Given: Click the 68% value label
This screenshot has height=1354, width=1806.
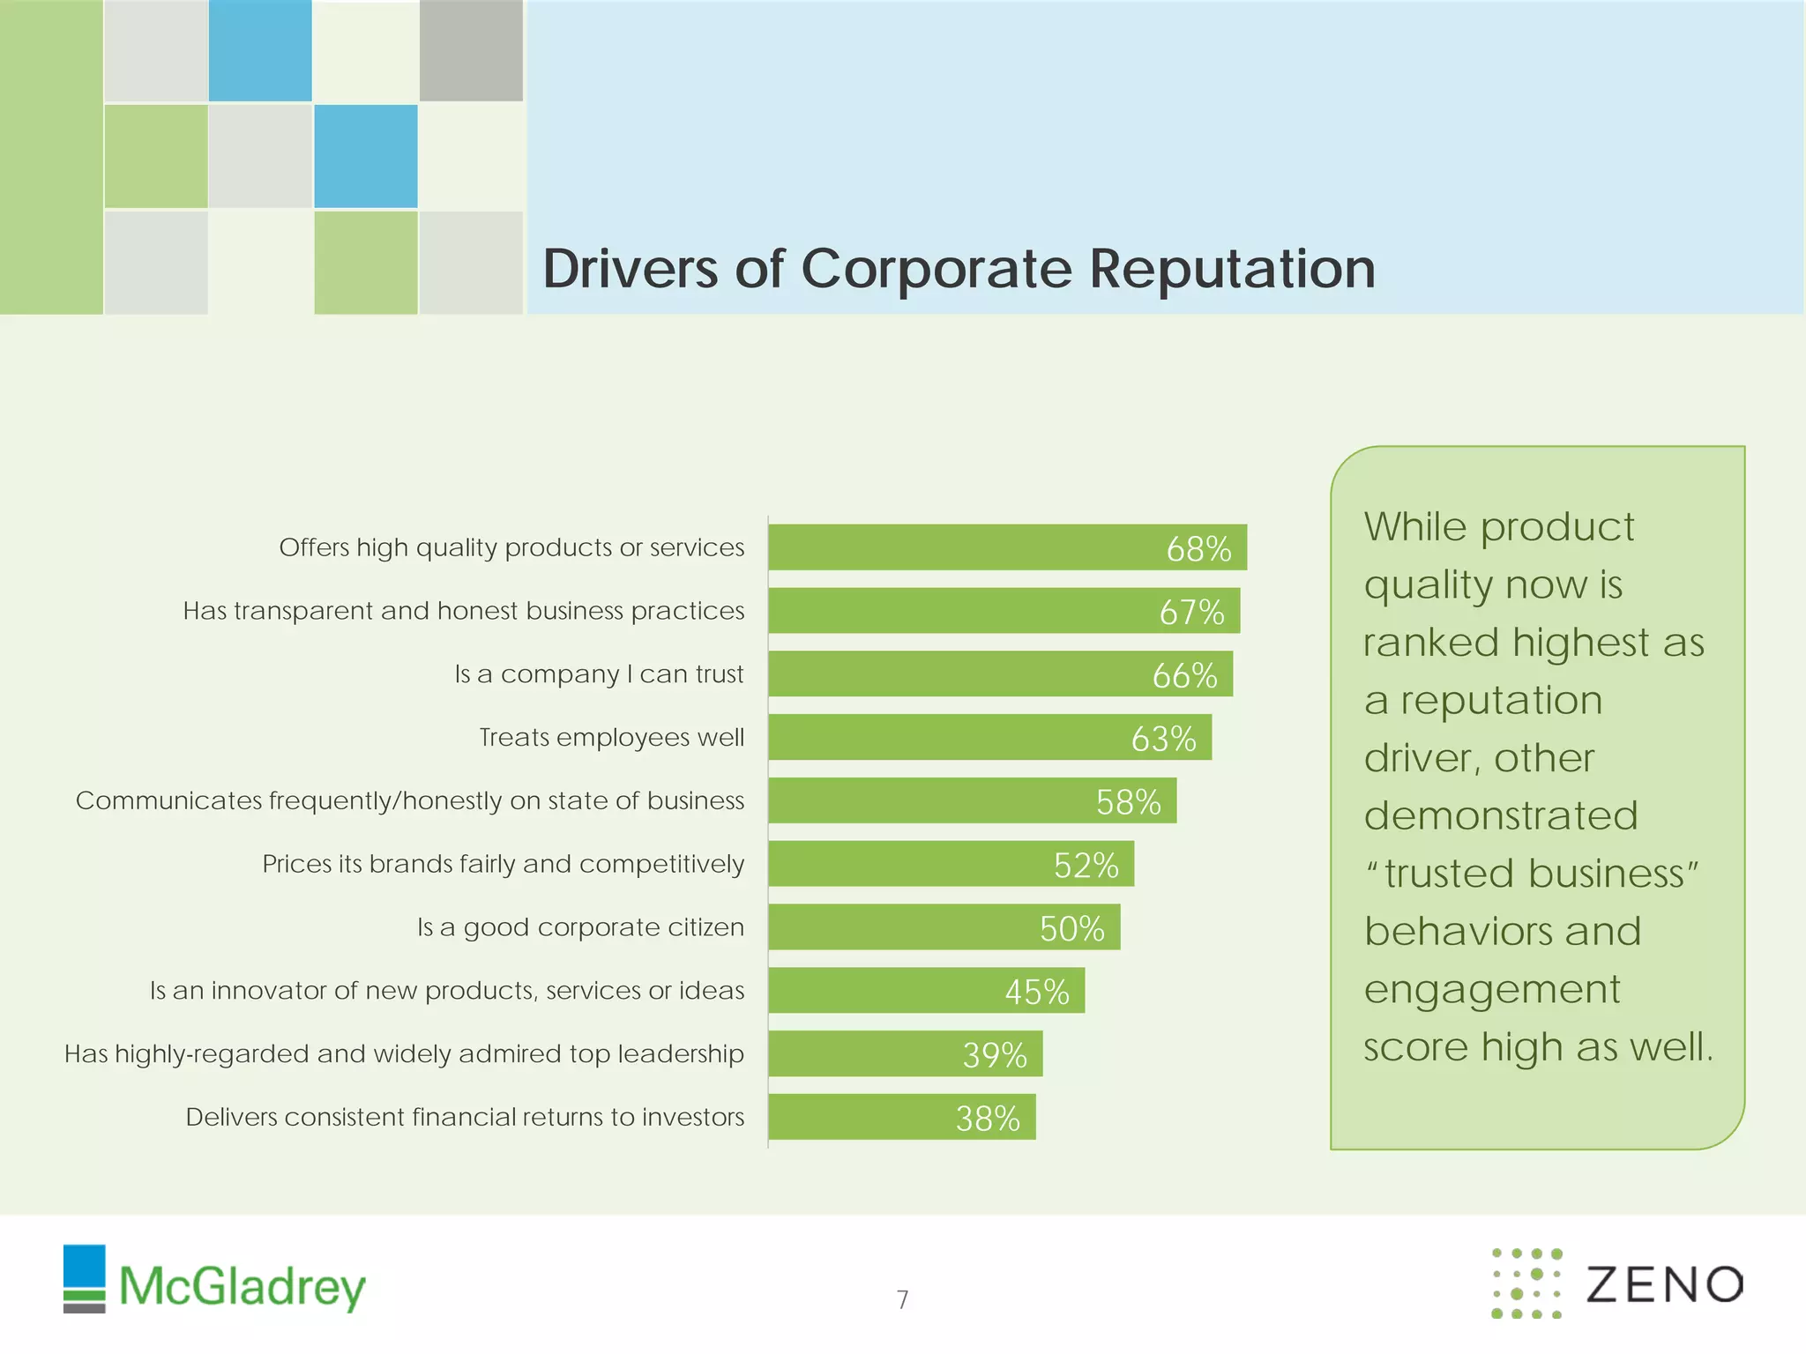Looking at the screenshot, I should click(1198, 548).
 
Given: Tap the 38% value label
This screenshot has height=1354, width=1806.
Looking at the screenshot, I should click(988, 1118).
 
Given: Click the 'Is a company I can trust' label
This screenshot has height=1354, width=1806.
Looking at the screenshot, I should click(599, 674).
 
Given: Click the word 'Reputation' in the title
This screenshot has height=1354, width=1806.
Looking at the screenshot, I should click(1232, 268).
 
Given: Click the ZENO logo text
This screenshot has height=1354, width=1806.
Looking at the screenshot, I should click(1664, 1284).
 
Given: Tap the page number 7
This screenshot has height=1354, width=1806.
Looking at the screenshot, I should click(902, 1299).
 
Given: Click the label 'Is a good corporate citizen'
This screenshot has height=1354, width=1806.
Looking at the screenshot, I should click(580, 927).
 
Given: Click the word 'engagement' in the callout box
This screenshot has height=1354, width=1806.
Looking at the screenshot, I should click(1491, 989).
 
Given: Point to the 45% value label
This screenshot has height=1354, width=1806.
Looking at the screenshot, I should click(1037, 992).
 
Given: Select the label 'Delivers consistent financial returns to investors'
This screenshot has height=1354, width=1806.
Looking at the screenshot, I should click(465, 1117).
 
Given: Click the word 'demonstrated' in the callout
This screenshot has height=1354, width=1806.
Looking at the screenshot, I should click(1500, 815).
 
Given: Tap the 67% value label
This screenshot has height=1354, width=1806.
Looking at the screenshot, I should click(1191, 612).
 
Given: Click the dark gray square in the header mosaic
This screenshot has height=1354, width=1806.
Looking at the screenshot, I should click(471, 50).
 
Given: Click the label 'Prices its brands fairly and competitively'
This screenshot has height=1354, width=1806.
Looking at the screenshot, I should click(503, 864).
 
